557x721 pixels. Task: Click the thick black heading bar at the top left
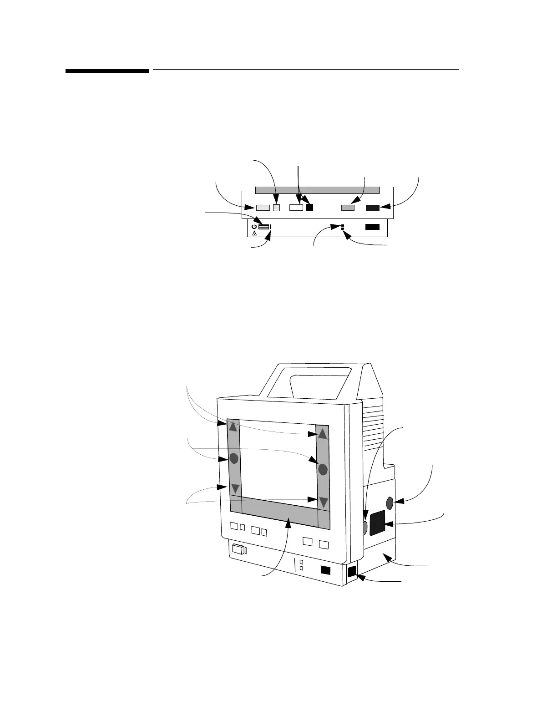tap(107, 71)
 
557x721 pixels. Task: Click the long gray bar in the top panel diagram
tap(317, 190)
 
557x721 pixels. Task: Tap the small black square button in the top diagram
tap(310, 208)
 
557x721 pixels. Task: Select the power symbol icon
tap(254, 226)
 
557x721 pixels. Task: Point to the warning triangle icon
tap(254, 233)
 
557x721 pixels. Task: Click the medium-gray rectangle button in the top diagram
tap(348, 208)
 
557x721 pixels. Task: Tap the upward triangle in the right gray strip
tap(323, 434)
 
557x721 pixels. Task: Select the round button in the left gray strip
tap(234, 458)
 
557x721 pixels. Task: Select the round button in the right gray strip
tap(323, 468)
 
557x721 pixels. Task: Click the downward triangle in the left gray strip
tap(235, 489)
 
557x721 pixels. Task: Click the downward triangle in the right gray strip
tap(324, 502)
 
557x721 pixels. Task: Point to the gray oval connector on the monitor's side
tap(390, 503)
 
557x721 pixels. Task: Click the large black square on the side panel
tap(378, 523)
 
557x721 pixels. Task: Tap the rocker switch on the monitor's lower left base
tap(238, 549)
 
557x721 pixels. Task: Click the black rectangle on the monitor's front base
tap(326, 570)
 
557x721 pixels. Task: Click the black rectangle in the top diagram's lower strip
tap(372, 227)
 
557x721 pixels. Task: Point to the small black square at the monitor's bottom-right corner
tap(352, 572)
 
